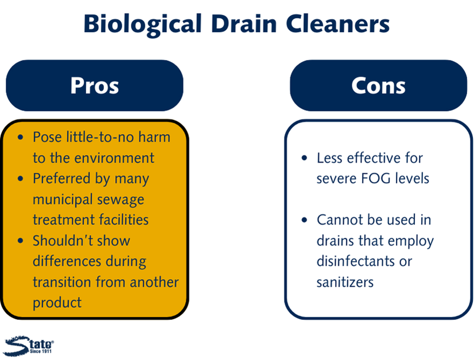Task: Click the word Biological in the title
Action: point(143,25)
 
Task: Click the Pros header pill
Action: point(95,85)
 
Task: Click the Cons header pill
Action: point(379,85)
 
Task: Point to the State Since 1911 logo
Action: point(29,346)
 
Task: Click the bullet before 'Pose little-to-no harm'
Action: point(21,138)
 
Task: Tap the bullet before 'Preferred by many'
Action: point(21,179)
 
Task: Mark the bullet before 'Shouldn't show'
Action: point(21,241)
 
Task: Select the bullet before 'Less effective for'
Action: point(304,158)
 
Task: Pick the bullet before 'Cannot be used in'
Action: point(304,220)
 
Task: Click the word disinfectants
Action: point(356,261)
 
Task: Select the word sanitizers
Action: point(345,283)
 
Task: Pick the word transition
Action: point(61,282)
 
